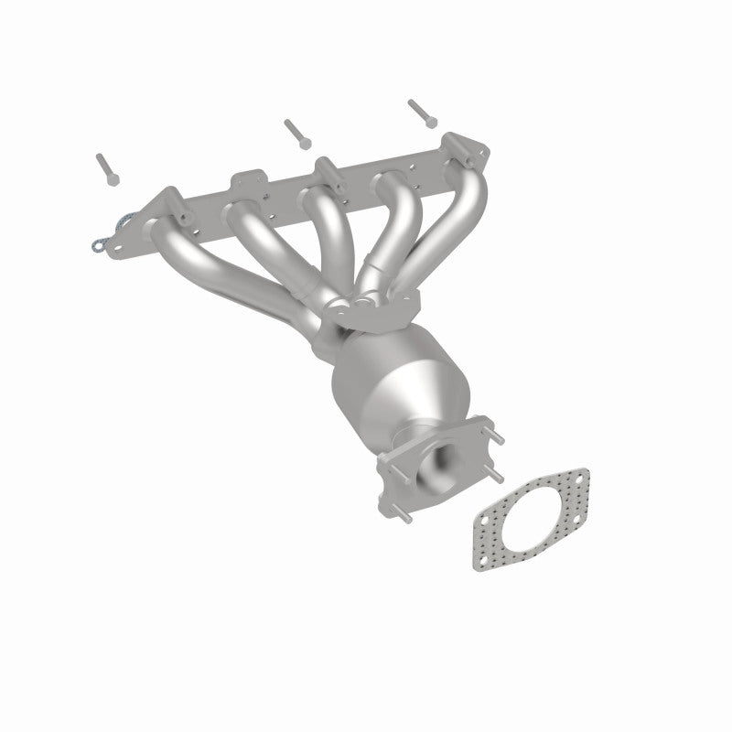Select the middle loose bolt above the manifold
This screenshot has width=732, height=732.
295,132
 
